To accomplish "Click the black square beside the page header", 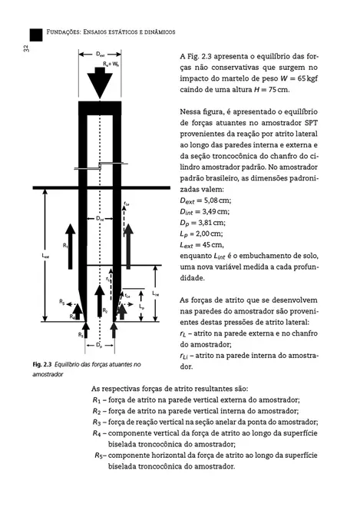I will click(x=35, y=35).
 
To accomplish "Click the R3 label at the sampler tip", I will click(x=80, y=336).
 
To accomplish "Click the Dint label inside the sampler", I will click(x=100, y=218).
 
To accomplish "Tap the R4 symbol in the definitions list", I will click(x=97, y=433).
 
